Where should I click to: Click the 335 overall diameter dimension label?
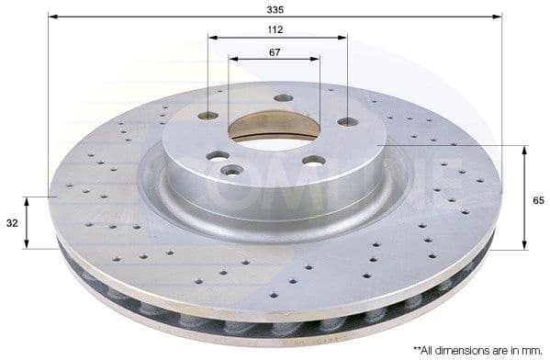click(x=275, y=8)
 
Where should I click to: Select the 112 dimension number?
click(x=275, y=29)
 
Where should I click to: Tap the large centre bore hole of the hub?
click(x=274, y=130)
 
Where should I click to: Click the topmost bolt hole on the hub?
click(x=284, y=97)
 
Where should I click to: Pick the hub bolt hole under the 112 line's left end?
click(x=208, y=116)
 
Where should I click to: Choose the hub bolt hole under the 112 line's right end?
click(x=347, y=121)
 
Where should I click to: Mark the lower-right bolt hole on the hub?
click(x=314, y=161)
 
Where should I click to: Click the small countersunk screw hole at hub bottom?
click(x=230, y=170)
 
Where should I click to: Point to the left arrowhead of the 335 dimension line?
click(x=51, y=17)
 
